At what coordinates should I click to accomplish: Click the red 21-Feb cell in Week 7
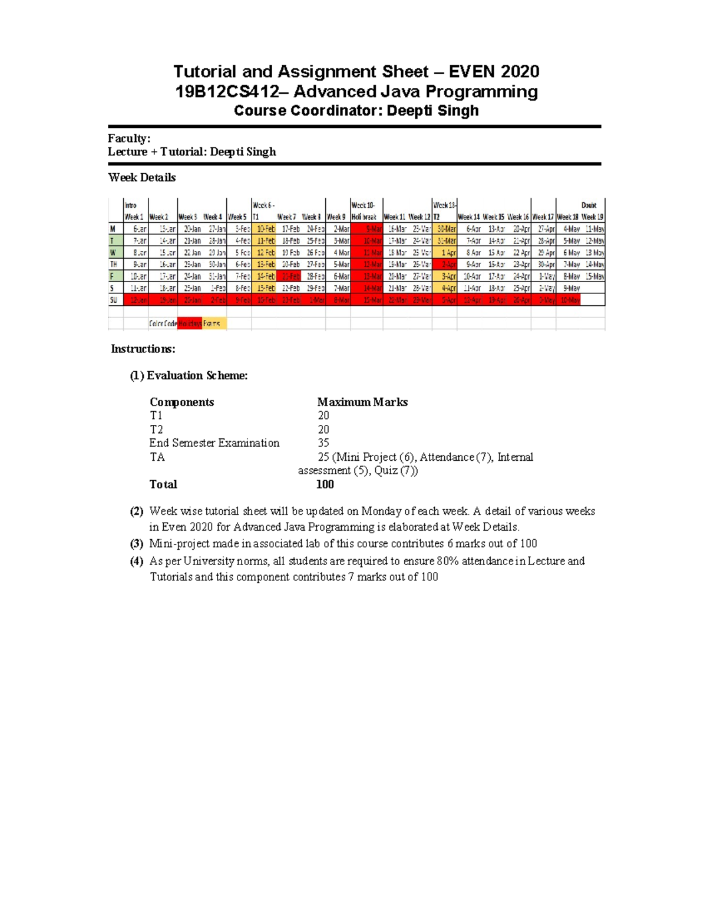289,276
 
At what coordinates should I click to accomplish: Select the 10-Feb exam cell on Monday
264,229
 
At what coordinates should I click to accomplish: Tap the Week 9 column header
336,217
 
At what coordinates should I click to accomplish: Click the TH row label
114,265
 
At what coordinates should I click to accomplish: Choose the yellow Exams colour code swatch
214,323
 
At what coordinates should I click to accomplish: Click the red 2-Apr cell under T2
445,265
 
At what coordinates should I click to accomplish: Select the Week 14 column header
469,217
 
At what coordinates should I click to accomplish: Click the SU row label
114,300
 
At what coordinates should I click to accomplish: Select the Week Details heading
142,177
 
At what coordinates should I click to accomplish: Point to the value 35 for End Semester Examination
323,443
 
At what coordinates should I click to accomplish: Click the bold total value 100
325,484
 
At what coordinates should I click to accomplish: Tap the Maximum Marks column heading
362,402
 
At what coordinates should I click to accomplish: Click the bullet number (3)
137,544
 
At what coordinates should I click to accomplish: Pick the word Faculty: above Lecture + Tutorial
129,138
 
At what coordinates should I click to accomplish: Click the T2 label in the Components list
156,430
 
